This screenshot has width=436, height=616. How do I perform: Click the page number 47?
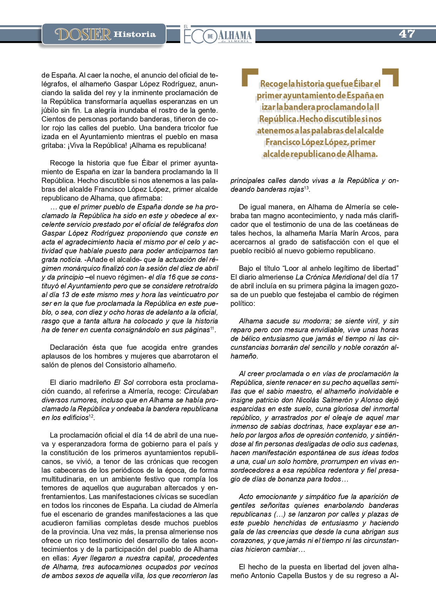(407, 34)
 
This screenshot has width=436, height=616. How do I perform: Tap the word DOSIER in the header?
(83, 34)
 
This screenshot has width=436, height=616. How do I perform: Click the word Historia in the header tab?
(135, 34)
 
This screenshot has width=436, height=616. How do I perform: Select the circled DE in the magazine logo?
(210, 36)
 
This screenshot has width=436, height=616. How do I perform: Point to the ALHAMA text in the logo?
(235, 35)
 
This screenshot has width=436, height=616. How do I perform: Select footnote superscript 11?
(212, 328)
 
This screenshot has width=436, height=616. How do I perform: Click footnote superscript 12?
(91, 416)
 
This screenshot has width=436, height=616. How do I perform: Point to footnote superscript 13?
(306, 188)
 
